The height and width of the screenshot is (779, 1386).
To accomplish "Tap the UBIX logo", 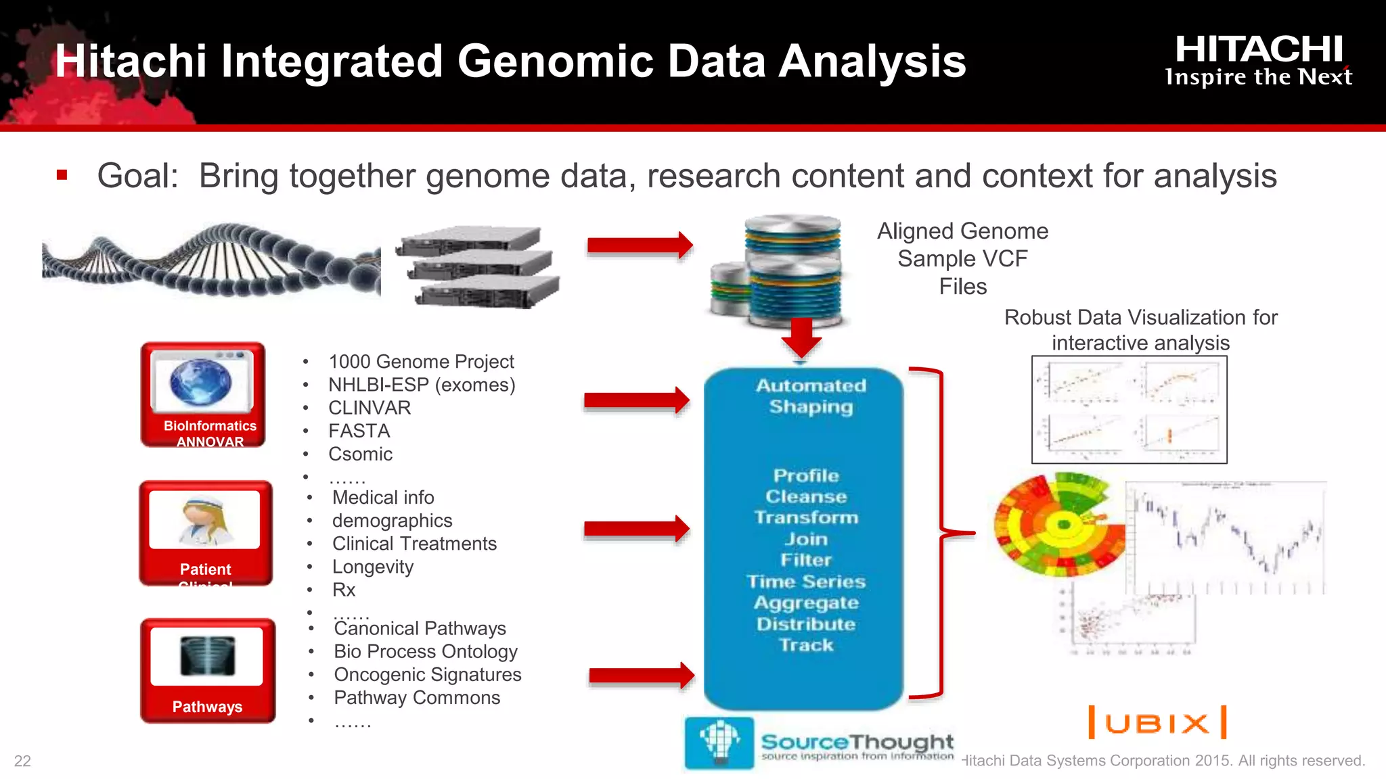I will [x=1157, y=723].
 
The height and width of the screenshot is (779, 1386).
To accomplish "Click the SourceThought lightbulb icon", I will [x=719, y=742].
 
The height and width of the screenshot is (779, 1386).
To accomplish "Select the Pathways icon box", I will [x=208, y=670].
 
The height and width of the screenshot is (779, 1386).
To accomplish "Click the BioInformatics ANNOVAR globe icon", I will [x=200, y=382].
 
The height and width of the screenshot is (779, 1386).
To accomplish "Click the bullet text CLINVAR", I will [x=370, y=408].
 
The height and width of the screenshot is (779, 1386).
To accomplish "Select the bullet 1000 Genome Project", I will [x=421, y=362].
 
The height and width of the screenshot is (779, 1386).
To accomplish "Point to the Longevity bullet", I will [x=372, y=567].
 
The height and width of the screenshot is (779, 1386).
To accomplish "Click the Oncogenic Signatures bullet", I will [x=427, y=675].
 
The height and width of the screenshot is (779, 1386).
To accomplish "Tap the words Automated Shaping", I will [x=811, y=396].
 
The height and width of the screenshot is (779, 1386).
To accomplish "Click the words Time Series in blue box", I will [x=806, y=582].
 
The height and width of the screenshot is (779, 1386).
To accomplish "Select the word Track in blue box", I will [x=806, y=645].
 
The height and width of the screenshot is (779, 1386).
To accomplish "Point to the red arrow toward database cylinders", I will [x=640, y=245].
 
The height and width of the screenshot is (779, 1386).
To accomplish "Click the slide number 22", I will [x=22, y=761].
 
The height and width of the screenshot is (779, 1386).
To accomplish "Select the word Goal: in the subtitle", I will [x=137, y=176].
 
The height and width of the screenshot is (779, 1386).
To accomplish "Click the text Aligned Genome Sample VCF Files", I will [x=962, y=259].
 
